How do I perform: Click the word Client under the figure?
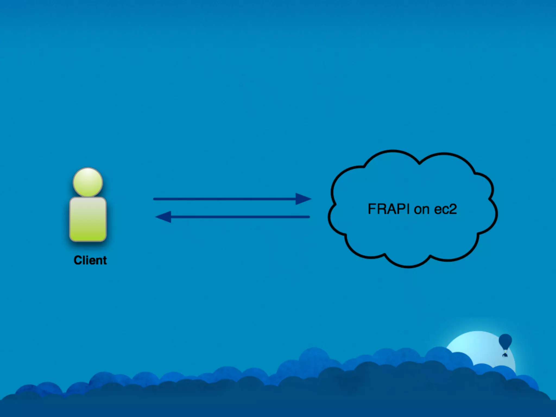(90, 260)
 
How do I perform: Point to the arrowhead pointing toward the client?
(163, 217)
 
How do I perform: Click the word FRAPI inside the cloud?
(388, 209)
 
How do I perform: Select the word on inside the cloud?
(422, 209)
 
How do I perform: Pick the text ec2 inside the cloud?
(446, 209)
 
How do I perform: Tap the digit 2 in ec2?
(453, 209)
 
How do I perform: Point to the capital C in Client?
(78, 260)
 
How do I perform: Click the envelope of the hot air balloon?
(505, 341)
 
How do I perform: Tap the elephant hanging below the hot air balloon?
(505, 354)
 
